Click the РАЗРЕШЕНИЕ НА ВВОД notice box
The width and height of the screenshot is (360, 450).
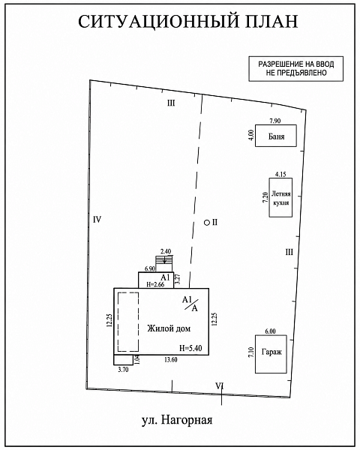[x=296, y=68]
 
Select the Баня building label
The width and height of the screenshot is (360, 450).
[x=276, y=136]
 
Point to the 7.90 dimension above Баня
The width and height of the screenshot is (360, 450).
[x=275, y=121]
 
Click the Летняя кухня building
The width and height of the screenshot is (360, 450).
[x=280, y=197]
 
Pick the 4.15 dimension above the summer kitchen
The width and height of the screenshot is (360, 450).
[x=280, y=174]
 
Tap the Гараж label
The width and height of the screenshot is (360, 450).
[x=271, y=352]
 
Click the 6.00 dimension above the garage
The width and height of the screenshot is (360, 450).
[x=270, y=331]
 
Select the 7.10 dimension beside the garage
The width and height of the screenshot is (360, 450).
[x=251, y=352]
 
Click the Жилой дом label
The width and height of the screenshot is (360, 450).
[x=169, y=328]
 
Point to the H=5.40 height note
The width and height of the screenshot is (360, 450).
[x=190, y=348]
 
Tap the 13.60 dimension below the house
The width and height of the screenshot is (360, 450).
[x=170, y=359]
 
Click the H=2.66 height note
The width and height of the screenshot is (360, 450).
[x=155, y=285]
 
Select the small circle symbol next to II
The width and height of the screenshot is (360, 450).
[x=207, y=223]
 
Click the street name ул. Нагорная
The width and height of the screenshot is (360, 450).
[x=177, y=420]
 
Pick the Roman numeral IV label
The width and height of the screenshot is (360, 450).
[x=97, y=220]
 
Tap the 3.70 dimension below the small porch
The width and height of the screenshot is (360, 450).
[x=123, y=370]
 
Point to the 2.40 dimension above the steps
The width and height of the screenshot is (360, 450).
[x=166, y=252]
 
